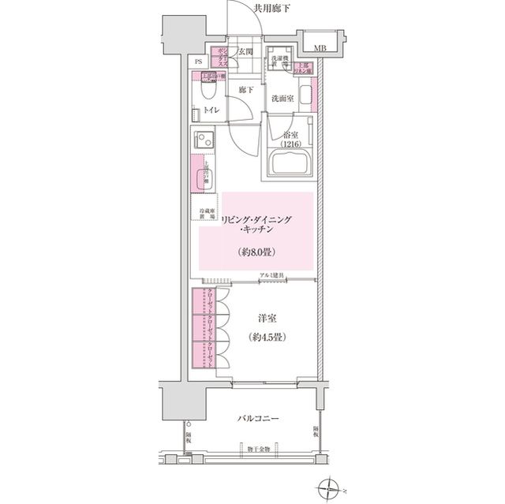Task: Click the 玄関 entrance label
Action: [245, 53]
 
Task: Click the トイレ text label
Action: [211, 111]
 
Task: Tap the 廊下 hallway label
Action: [245, 90]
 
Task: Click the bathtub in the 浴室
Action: [289, 164]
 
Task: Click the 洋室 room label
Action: [264, 319]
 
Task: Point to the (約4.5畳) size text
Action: [264, 337]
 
